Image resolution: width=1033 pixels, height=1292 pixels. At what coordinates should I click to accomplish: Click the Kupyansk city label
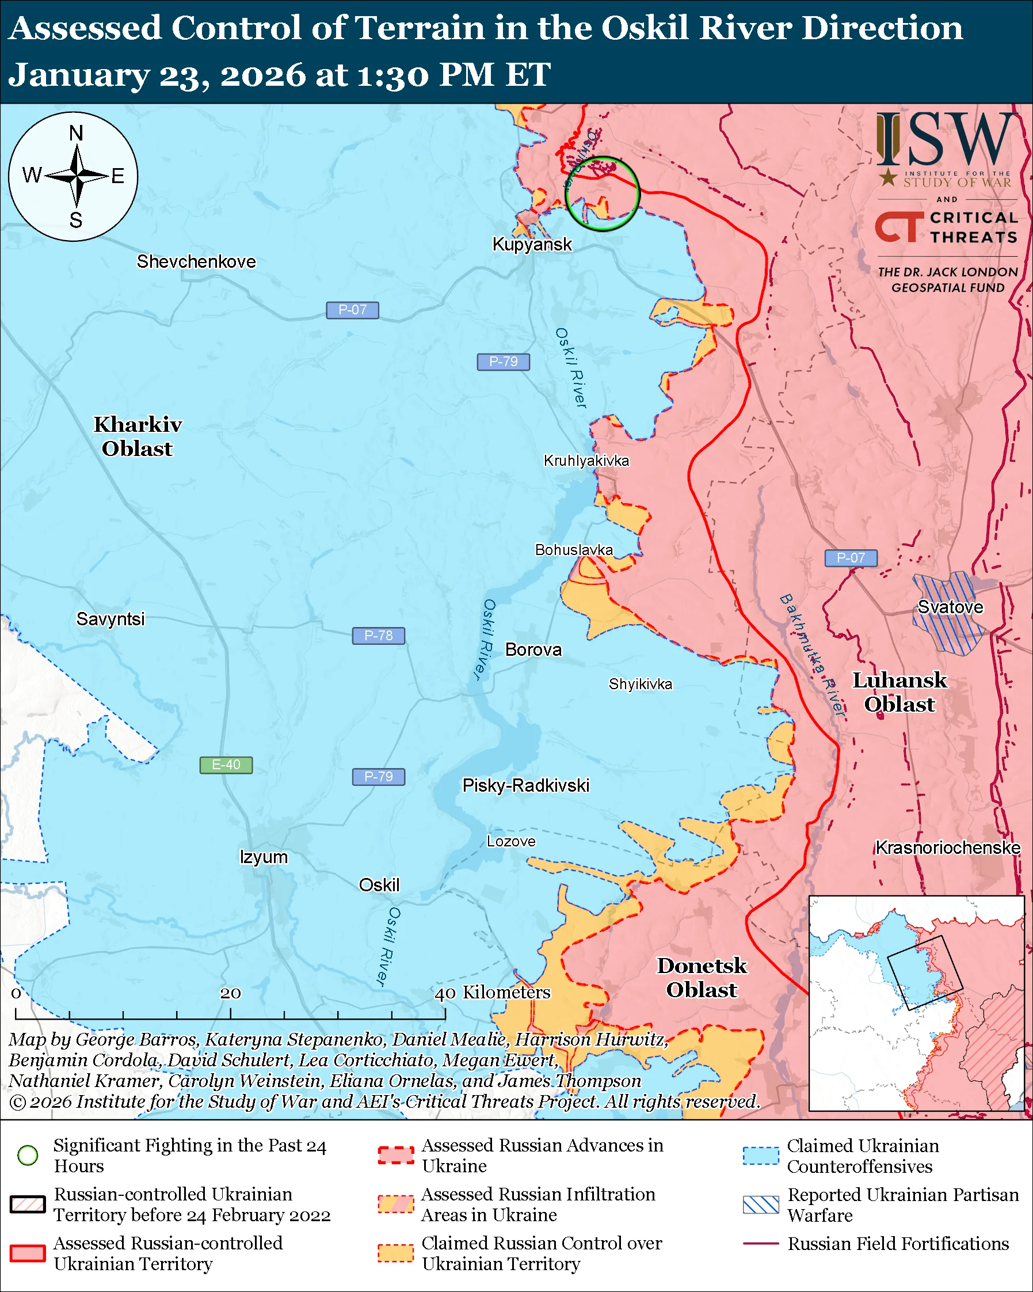click(532, 245)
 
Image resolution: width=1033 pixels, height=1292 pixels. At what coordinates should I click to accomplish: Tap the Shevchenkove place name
click(196, 262)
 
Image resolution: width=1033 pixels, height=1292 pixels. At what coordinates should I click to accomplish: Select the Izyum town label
click(264, 857)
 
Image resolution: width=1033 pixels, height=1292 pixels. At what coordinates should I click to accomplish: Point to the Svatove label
click(950, 607)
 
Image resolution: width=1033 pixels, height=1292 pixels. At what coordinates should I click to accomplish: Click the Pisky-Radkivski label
click(525, 786)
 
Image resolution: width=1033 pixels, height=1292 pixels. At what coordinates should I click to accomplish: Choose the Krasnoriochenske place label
click(947, 848)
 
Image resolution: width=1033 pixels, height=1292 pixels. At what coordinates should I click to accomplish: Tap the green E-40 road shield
click(226, 765)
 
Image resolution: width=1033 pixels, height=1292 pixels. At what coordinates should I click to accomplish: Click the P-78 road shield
click(378, 636)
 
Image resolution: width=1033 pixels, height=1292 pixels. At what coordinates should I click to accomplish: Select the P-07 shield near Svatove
click(851, 558)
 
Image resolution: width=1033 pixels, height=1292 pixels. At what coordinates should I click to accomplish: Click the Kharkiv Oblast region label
click(137, 436)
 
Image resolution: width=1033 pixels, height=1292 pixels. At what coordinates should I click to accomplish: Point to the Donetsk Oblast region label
click(702, 978)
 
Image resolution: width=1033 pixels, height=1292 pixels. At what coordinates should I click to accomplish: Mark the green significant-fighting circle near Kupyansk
click(603, 193)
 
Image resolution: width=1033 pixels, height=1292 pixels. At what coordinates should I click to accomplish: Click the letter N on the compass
click(76, 133)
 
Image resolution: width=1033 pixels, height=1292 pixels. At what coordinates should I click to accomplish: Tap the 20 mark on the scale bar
click(230, 994)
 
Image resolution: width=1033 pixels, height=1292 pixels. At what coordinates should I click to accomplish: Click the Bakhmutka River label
click(812, 655)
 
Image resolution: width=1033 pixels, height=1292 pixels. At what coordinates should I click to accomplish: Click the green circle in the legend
click(28, 1156)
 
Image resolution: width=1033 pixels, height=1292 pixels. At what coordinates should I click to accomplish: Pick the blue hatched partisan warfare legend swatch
click(761, 1204)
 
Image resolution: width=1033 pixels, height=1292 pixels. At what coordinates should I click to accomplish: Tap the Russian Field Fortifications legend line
click(761, 1244)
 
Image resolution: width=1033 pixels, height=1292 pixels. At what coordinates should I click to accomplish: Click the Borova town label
click(533, 650)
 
